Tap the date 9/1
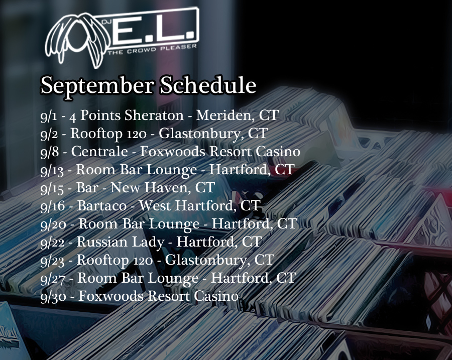pos(49,116)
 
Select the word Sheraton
pos(154,115)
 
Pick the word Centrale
pos(99,151)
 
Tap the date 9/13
pos(52,171)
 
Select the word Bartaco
pos(102,205)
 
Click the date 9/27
pos(53,279)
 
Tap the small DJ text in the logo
pos(106,21)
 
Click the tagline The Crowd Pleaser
pos(152,50)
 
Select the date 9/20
pos(53,225)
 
